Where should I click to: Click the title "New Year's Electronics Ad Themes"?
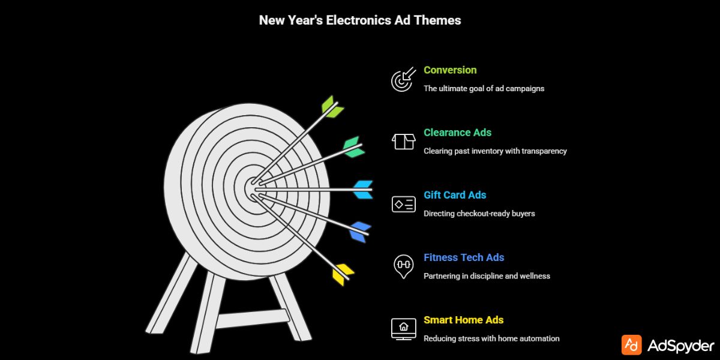[360, 20]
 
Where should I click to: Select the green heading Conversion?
[450, 70]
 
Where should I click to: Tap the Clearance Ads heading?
[457, 133]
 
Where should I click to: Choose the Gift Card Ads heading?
[455, 195]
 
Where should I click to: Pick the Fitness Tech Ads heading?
[464, 257]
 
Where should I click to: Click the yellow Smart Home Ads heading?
[464, 320]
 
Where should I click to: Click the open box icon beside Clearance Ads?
[403, 142]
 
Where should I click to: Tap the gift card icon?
[403, 204]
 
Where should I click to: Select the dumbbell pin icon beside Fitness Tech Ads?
[403, 266]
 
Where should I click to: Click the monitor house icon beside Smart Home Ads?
[403, 328]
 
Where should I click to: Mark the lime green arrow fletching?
[332, 107]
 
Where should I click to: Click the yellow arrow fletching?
[344, 274]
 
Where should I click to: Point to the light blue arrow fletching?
[363, 189]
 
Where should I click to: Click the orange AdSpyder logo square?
[631, 345]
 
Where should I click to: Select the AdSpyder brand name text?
[681, 346]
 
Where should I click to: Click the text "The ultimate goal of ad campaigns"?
[484, 88]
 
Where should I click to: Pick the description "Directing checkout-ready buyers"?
[479, 213]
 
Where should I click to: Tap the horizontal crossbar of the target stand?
[252, 319]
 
